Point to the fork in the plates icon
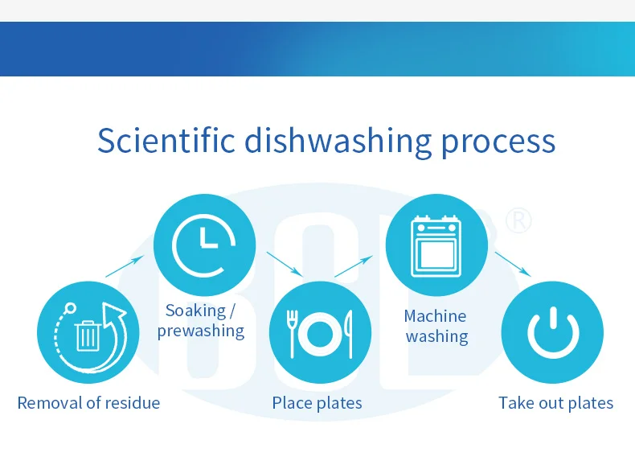[294, 330]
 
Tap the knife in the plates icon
[347, 330]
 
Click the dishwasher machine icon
[436, 245]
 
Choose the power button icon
[552, 332]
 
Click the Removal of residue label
[88, 402]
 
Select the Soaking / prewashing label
[201, 320]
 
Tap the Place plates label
[317, 402]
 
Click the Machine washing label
[436, 326]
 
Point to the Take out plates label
[555, 402]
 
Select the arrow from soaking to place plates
[284, 263]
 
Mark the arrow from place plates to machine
[354, 266]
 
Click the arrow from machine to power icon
[513, 264]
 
